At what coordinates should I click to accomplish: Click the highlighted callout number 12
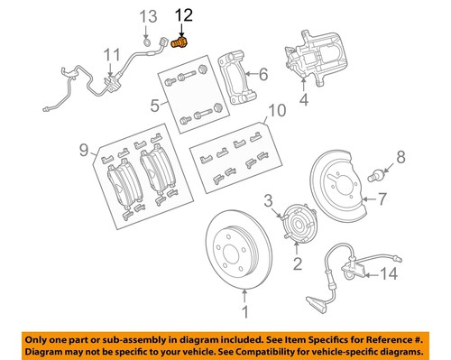[183, 14]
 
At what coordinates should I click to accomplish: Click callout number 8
[400, 158]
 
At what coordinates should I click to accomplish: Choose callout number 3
[268, 199]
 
